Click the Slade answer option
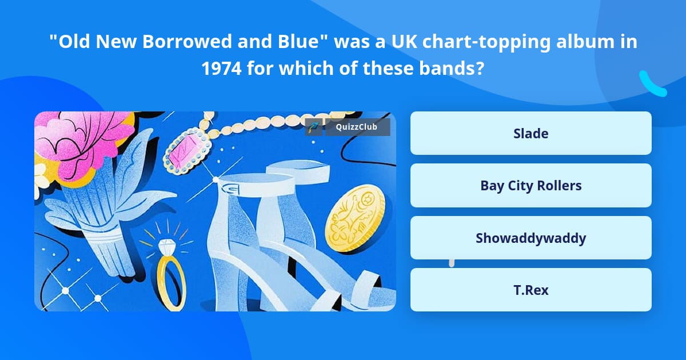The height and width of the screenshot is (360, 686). pyautogui.click(x=531, y=133)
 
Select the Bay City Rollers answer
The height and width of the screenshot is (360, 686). pyautogui.click(x=531, y=186)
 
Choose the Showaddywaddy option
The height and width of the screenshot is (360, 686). pyautogui.click(x=531, y=238)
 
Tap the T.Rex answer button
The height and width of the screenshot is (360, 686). pyautogui.click(x=531, y=290)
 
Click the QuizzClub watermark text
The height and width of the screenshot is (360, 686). pyautogui.click(x=356, y=127)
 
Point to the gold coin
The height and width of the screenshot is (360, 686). pyautogui.click(x=354, y=218)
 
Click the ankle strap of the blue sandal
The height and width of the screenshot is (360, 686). pyautogui.click(x=257, y=188)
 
